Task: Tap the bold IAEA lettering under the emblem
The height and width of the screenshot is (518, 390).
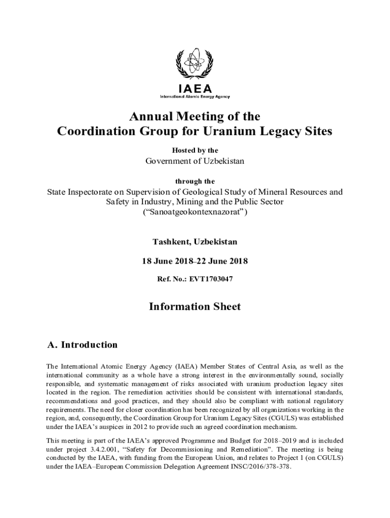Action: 195,89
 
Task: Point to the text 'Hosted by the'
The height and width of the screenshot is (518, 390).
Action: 195,150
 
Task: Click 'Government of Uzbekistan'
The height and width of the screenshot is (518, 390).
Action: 195,161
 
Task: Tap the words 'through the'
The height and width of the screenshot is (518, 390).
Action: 195,181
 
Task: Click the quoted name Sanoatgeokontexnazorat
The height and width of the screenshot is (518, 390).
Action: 195,212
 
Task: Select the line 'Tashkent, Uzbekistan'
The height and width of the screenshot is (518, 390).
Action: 195,242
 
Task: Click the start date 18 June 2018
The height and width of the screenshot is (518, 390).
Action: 165,261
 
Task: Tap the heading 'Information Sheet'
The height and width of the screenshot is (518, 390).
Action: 195,307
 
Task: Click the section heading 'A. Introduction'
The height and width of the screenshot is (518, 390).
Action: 82,345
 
